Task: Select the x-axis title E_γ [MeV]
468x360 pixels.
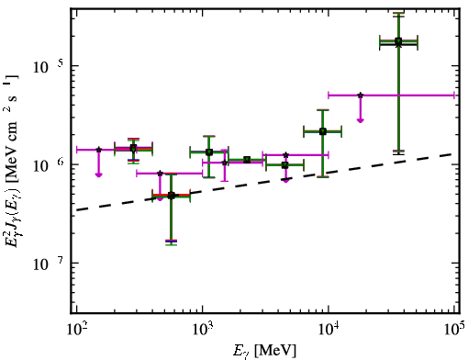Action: point(265,351)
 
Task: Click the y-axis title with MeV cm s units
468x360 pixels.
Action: point(12,161)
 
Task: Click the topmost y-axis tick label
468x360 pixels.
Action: point(49,65)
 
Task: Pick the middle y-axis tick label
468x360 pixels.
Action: point(49,164)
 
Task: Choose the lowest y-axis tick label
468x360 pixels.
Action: point(49,263)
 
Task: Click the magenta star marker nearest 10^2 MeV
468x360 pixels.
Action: point(98,150)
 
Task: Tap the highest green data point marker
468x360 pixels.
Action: point(398,41)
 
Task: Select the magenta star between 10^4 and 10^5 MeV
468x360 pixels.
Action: point(361,96)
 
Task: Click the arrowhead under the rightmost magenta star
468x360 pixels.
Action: point(361,120)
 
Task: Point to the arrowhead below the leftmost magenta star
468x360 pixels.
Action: point(98,174)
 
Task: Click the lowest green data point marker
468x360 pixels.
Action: point(172,196)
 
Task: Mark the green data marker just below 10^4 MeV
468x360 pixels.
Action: point(323,131)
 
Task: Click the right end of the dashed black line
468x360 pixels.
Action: point(452,154)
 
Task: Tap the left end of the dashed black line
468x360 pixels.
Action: point(77,210)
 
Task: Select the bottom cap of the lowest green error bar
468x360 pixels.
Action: point(172,244)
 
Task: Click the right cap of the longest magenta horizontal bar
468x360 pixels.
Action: point(454,96)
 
